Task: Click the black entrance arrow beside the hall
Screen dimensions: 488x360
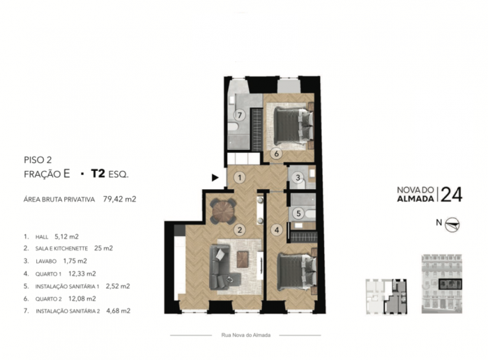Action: [x=215, y=178]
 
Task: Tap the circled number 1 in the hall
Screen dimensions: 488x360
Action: [x=240, y=178]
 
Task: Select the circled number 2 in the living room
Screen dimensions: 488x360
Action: [x=240, y=230]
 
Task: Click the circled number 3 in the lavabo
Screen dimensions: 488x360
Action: [x=298, y=177]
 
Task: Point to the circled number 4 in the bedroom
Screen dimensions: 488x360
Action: [x=277, y=230]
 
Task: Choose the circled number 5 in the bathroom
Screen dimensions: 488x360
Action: [x=299, y=213]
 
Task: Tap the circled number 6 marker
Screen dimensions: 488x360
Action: [x=276, y=153]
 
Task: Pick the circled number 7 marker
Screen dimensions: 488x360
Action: [x=240, y=115]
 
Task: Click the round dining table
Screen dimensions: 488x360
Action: [x=223, y=211]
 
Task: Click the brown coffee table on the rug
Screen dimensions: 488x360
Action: [x=243, y=260]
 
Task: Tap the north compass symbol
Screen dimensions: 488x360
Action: [x=452, y=225]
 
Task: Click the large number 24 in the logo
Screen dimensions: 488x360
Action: [x=452, y=195]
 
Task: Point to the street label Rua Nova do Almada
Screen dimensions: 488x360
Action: [x=246, y=335]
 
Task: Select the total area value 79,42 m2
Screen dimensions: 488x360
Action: [x=120, y=199]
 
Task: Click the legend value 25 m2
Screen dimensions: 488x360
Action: [x=103, y=248]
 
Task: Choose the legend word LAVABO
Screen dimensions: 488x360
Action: [x=46, y=262]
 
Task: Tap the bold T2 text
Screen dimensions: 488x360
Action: [x=98, y=174]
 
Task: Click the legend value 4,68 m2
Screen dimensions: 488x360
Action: [x=119, y=310]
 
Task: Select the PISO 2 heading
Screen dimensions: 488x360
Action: [x=38, y=160]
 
